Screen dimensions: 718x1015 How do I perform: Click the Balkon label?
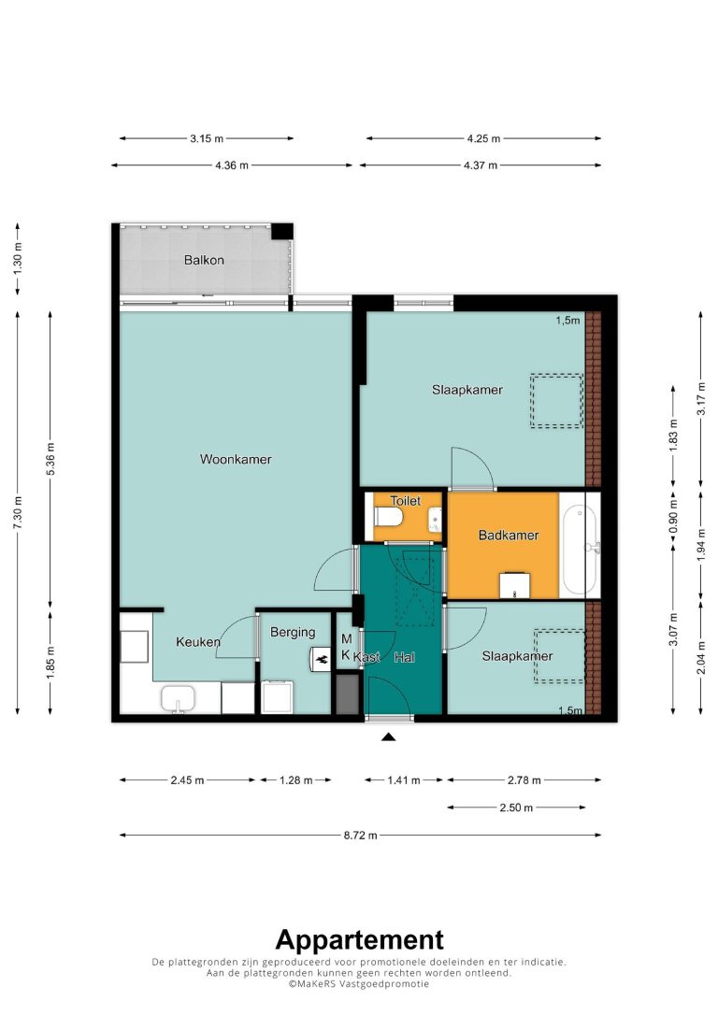(204, 260)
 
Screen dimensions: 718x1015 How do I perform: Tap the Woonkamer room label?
(236, 460)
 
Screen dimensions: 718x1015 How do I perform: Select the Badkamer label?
(509, 536)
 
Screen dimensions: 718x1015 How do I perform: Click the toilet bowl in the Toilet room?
(389, 517)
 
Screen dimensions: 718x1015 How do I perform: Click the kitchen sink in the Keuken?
(178, 700)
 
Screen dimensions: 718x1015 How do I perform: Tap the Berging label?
(293, 633)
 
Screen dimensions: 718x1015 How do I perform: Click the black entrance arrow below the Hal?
(388, 736)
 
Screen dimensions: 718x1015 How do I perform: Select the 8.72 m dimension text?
(361, 835)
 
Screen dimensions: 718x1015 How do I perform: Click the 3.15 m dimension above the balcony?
(207, 138)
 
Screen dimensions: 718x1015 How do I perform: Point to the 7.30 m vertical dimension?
(18, 512)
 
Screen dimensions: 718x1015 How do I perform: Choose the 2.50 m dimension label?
(516, 808)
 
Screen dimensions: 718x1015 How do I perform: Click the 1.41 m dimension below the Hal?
(404, 780)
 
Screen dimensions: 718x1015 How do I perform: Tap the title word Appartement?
(359, 940)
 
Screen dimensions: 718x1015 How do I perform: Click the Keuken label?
(198, 642)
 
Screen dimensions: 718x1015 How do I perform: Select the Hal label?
(404, 658)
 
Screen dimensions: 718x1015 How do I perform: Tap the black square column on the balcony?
(281, 231)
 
